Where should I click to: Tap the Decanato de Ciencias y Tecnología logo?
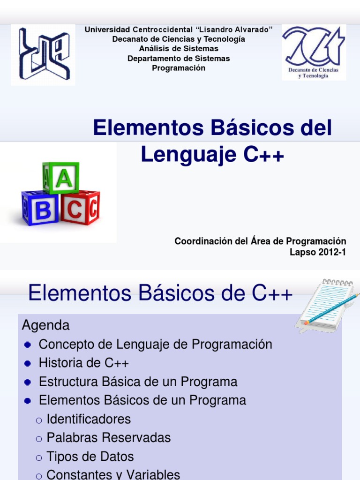314,52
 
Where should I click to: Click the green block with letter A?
61,178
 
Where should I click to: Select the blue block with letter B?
41,209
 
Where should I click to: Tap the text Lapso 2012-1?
318,252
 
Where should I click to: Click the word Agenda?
46,325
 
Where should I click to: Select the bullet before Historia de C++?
28,363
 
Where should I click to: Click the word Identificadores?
89,419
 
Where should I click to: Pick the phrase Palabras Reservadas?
109,438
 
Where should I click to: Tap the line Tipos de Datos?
90,457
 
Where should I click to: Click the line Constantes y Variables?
113,474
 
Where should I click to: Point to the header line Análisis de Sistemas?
179,48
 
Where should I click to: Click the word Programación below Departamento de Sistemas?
179,68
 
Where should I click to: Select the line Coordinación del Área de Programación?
260,241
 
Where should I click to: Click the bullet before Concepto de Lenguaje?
28,345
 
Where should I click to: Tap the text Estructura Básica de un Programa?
138,382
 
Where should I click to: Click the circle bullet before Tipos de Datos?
39,457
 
